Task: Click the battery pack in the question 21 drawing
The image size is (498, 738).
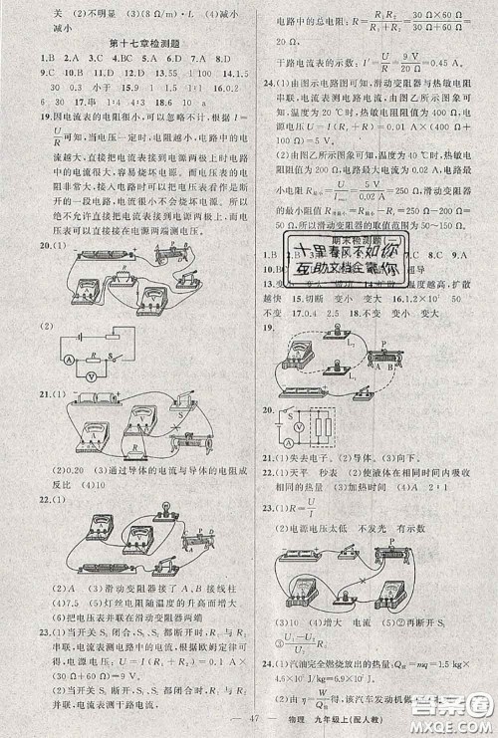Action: click(x=103, y=397)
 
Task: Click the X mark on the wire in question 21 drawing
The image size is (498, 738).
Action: click(x=184, y=435)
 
